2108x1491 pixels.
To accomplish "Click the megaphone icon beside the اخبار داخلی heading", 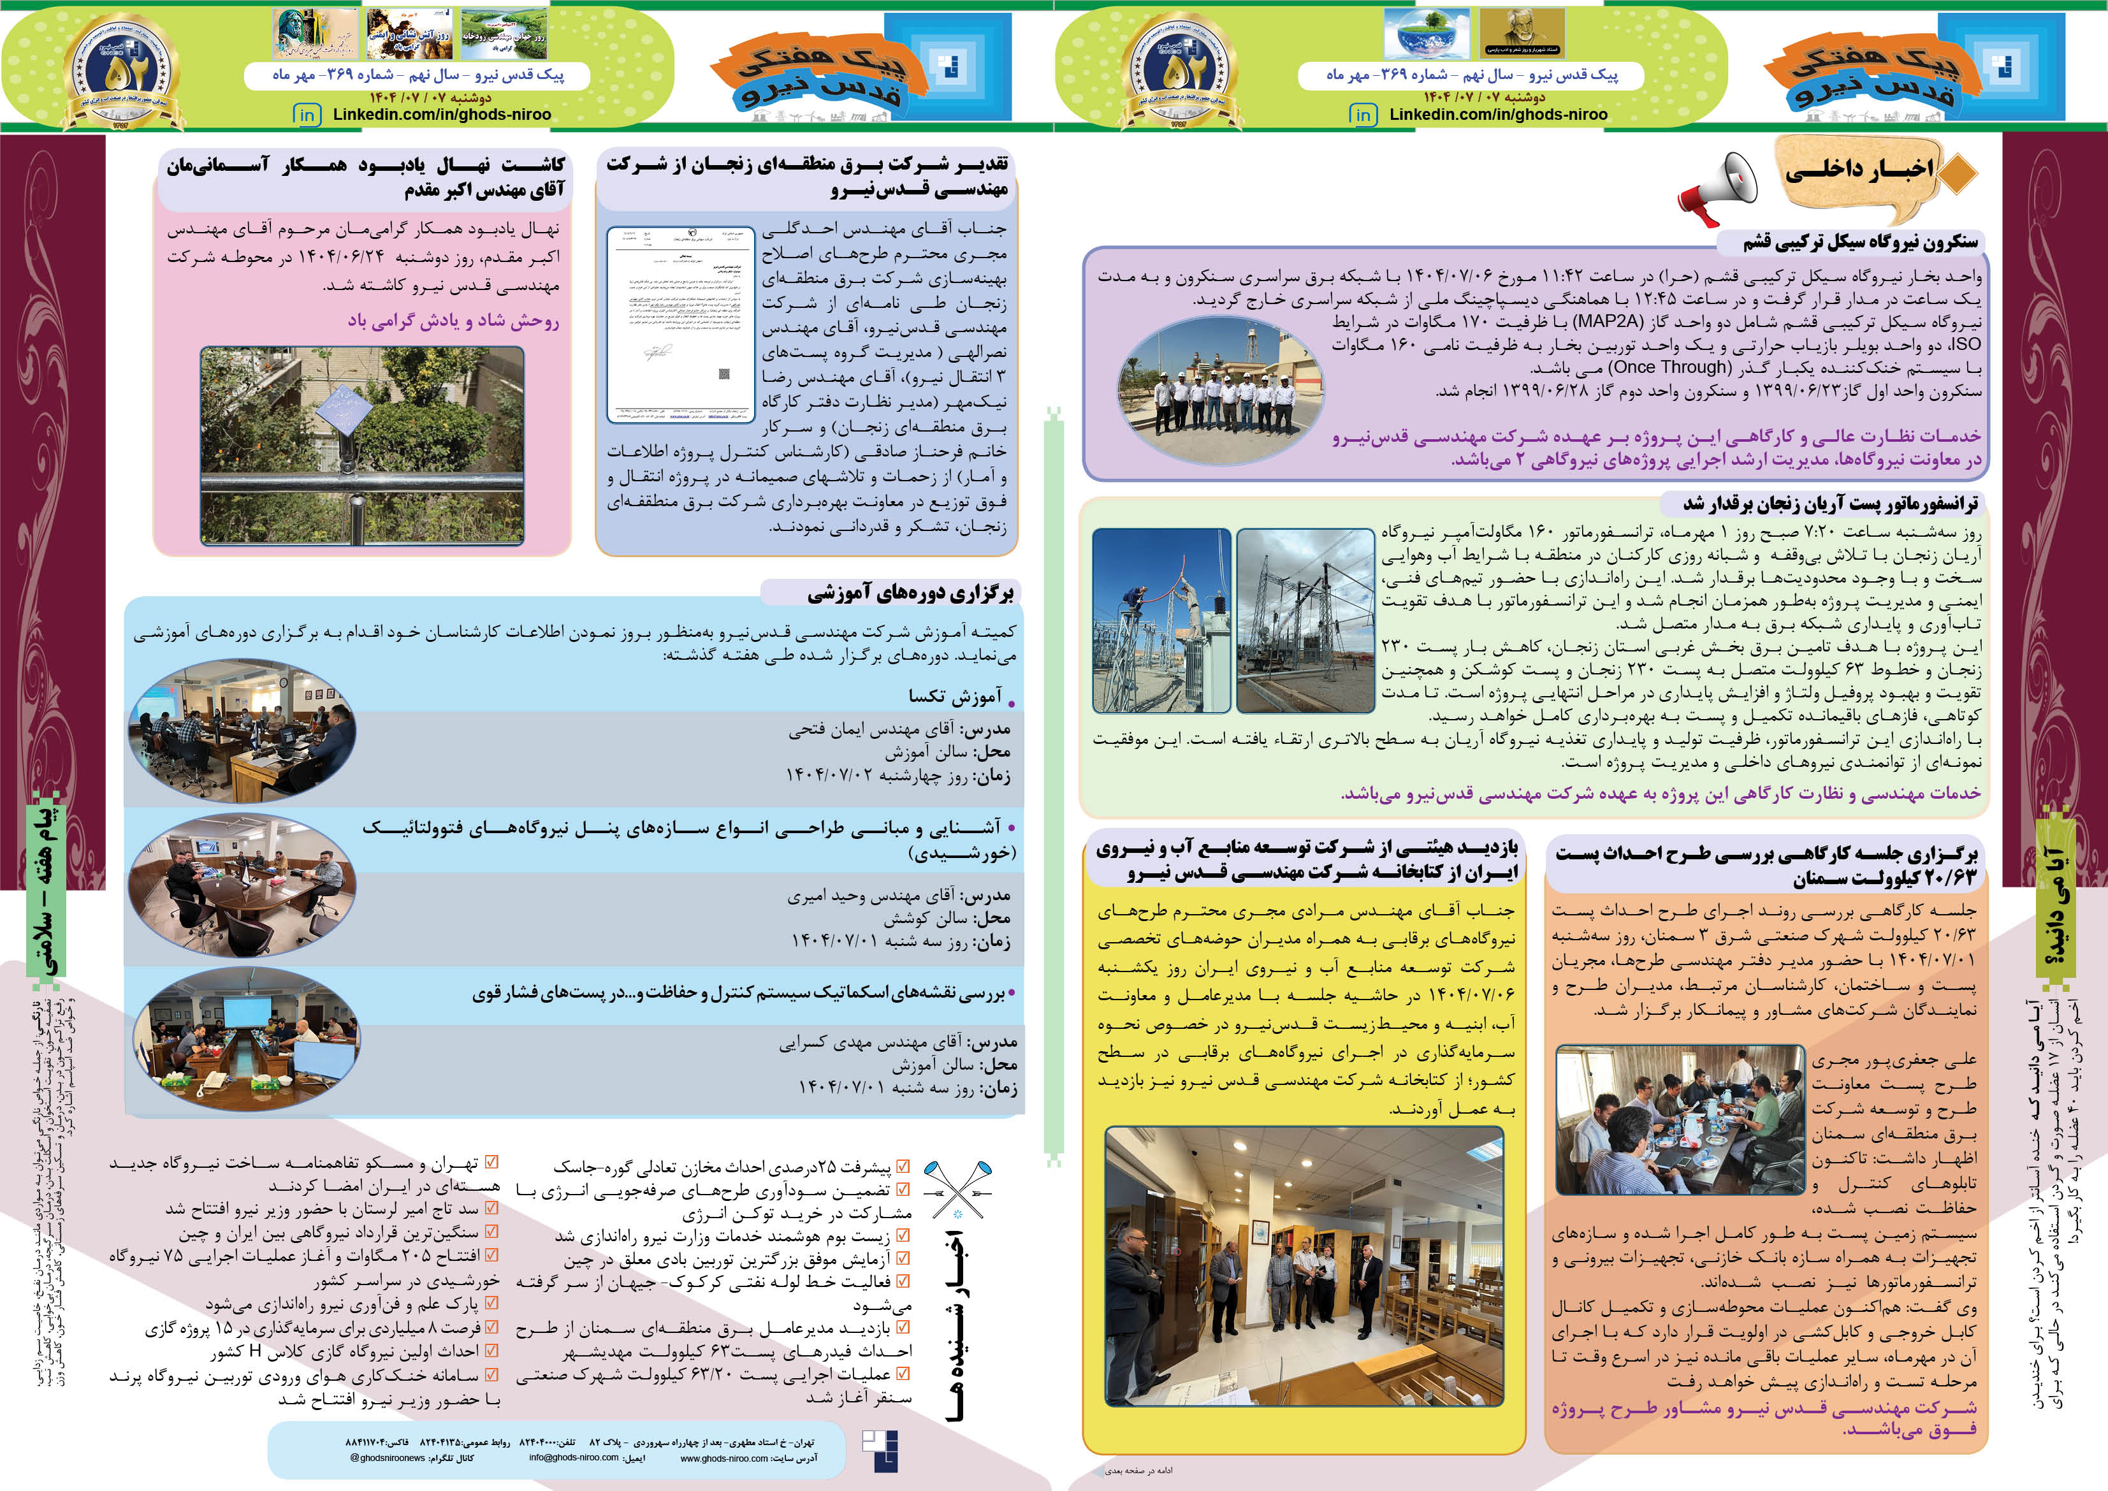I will click(x=1716, y=188).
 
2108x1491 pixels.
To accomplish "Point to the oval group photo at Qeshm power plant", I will click(x=1222, y=389).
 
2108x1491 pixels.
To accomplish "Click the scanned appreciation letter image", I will click(x=680, y=324).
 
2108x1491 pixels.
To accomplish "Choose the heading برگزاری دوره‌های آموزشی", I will click(x=910, y=593).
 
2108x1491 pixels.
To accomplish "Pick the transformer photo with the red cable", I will click(x=1161, y=621).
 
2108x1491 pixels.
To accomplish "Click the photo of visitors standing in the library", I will click(x=1305, y=1267).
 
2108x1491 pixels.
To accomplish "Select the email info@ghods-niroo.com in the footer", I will click(x=573, y=1457).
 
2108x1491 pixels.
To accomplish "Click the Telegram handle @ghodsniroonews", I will click(x=388, y=1457).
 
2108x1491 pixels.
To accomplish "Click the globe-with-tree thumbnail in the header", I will click(x=1426, y=34).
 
